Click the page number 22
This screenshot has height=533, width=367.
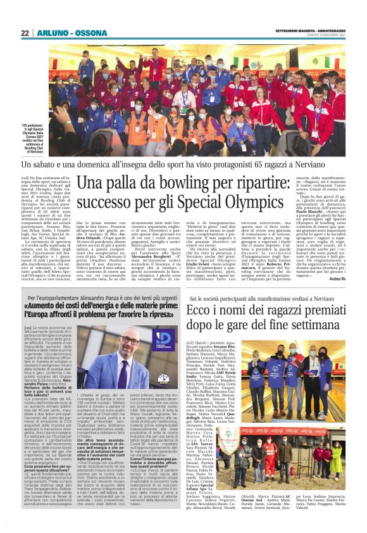pos(25,33)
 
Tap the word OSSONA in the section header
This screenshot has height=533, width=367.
pos(76,33)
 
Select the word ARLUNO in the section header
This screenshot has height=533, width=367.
pos(49,33)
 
